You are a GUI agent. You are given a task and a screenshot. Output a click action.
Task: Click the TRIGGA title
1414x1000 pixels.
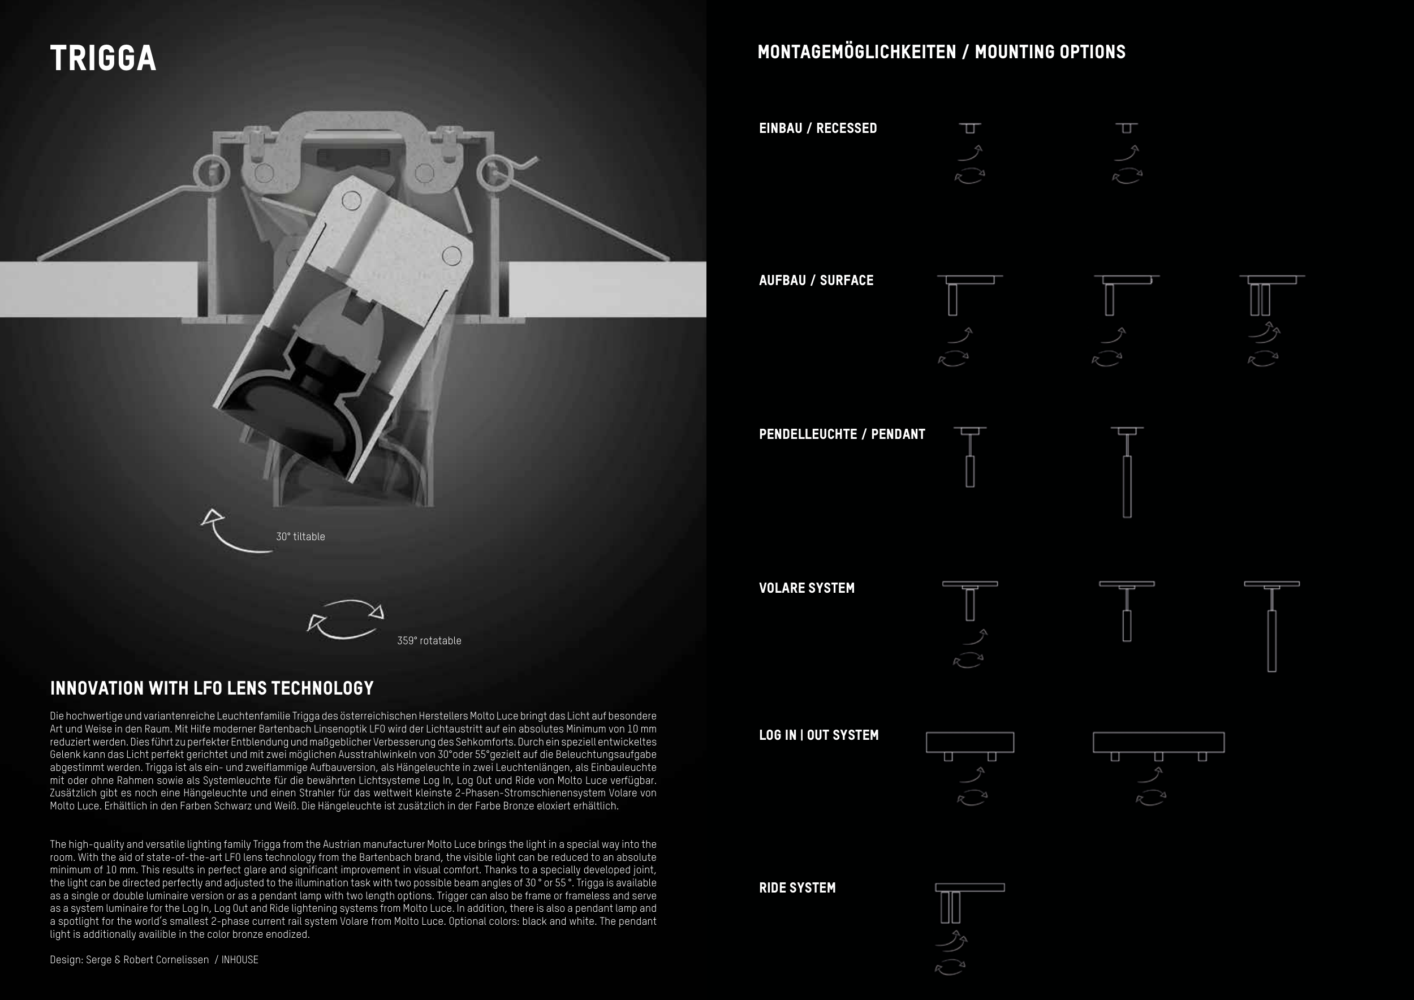(103, 58)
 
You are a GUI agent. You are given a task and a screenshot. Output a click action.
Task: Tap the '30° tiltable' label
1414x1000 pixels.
(300, 536)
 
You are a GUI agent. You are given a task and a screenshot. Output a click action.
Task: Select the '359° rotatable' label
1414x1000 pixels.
(429, 640)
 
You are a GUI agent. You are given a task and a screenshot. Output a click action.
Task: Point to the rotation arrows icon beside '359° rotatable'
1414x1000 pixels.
(346, 618)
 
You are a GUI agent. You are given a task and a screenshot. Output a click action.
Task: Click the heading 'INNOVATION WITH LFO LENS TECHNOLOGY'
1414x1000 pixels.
(212, 688)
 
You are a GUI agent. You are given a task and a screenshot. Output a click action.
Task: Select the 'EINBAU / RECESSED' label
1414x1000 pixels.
(817, 128)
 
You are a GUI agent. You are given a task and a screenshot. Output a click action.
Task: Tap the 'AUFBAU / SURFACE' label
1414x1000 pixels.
(816, 280)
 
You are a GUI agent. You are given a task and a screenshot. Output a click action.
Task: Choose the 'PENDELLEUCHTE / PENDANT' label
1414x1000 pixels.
(841, 434)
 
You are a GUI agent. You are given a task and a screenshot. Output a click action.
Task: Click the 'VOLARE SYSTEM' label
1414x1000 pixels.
(806, 588)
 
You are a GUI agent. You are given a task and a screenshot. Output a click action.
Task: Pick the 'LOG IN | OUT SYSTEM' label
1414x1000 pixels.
(818, 735)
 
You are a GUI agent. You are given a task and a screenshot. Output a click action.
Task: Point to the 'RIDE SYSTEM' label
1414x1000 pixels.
(797, 887)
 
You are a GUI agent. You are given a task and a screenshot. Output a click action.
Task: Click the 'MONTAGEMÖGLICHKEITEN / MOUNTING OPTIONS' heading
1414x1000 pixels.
(941, 51)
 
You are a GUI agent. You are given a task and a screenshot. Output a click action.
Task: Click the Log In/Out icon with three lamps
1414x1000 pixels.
(1158, 745)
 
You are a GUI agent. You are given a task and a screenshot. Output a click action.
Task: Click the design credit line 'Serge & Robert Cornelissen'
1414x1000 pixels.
(147, 959)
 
